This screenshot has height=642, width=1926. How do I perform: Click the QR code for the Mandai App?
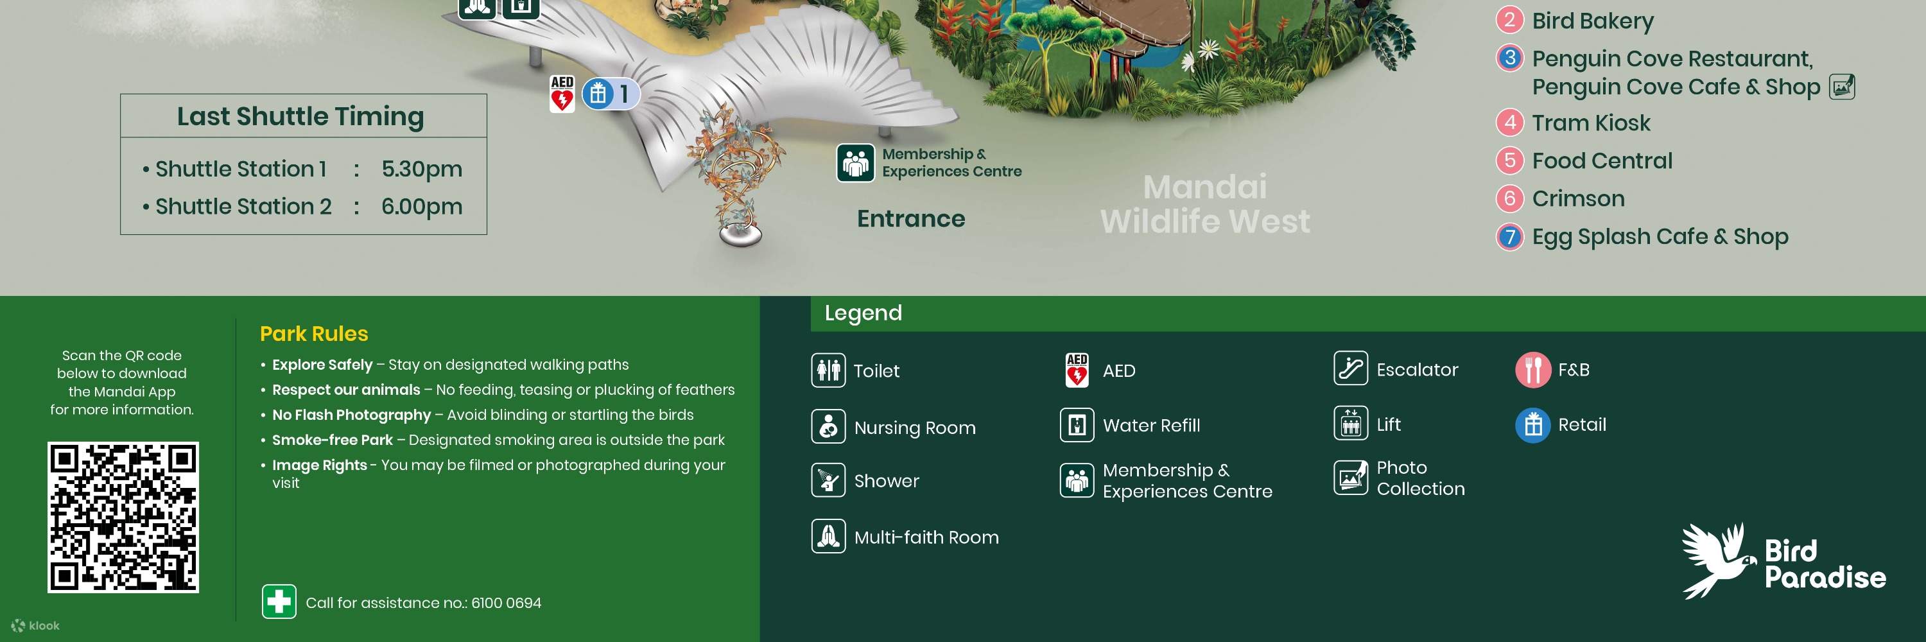123,517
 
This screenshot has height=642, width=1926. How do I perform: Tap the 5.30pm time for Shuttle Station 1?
422,169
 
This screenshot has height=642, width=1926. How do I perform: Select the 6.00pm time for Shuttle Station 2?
422,206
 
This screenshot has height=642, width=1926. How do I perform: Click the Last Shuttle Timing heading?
300,117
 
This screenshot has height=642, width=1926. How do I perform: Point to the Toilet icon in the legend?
828,370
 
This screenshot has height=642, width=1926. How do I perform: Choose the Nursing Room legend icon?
828,427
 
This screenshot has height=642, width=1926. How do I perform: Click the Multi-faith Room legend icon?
828,537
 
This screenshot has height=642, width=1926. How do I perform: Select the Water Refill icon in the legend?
1077,425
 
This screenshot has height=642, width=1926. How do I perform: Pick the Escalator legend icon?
1350,369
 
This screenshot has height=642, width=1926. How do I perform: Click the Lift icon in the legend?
1350,424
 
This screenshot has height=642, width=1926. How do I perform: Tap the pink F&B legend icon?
1532,369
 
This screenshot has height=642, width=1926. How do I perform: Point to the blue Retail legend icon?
1532,424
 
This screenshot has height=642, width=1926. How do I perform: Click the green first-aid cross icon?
279,602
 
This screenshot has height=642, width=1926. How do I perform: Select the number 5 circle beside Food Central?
1509,160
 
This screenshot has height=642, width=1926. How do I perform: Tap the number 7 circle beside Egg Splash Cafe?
1509,237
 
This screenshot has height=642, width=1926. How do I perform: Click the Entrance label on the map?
910,218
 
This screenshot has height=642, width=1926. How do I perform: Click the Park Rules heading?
314,333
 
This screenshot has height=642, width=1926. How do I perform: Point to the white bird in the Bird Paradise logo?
1716,560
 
